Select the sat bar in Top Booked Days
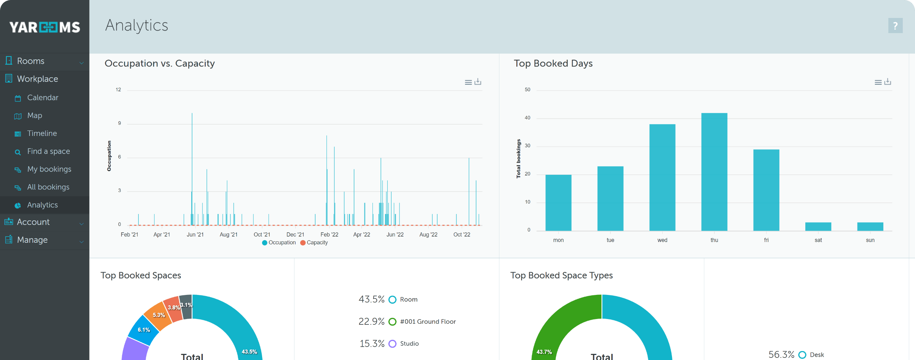click(x=818, y=227)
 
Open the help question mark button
click(x=895, y=26)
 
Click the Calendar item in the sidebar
click(x=42, y=98)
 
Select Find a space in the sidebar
click(x=49, y=151)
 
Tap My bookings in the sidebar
click(x=49, y=169)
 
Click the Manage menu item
click(x=32, y=240)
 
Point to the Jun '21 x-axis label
click(x=195, y=234)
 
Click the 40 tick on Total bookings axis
click(x=527, y=118)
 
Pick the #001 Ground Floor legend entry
click(x=427, y=322)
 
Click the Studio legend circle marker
click(x=393, y=344)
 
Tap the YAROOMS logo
click(x=45, y=27)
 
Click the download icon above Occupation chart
click(x=477, y=82)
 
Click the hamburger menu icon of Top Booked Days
click(x=878, y=82)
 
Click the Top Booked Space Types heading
click(x=561, y=275)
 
